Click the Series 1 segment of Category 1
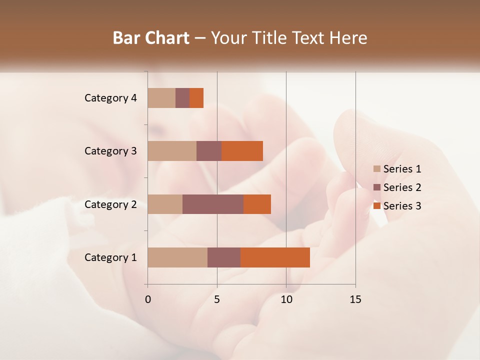tap(177, 257)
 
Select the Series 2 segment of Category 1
tap(224, 257)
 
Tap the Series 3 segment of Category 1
tap(275, 257)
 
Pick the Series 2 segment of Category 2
tap(213, 204)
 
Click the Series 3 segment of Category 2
tap(257, 204)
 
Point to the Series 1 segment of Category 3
tap(172, 151)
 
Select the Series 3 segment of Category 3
tap(242, 151)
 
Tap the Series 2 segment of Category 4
tap(182, 98)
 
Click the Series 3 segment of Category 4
tap(196, 98)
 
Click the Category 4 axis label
tap(110, 98)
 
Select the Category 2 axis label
tap(110, 204)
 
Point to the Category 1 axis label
tap(110, 257)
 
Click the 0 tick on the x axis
tap(148, 299)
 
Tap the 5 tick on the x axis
tap(217, 299)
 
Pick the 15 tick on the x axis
tap(355, 299)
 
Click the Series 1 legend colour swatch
tap(377, 169)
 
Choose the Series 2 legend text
tap(402, 187)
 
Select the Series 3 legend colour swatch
tap(377, 206)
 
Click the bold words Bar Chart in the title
tap(151, 38)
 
